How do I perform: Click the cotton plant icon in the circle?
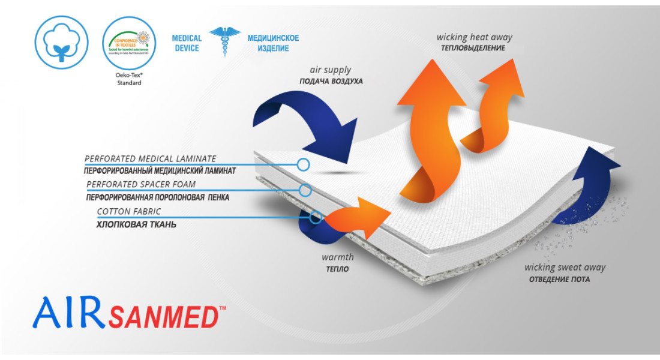click(62, 41)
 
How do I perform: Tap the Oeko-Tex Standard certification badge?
click(129, 42)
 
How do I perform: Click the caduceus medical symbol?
click(224, 41)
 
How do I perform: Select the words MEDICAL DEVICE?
click(187, 43)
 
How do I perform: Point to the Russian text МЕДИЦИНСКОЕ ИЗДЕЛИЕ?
click(273, 43)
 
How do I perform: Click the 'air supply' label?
click(331, 70)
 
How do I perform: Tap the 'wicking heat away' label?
click(474, 37)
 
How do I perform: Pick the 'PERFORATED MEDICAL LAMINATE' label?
click(150, 159)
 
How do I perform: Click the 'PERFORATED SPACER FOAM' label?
click(141, 184)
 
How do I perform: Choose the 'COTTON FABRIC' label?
click(129, 212)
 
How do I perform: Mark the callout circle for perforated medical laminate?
click(304, 164)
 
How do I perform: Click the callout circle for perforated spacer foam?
click(305, 190)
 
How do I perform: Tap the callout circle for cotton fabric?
click(316, 218)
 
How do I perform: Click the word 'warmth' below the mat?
click(337, 257)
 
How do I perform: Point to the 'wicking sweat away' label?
click(565, 268)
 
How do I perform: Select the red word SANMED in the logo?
click(163, 317)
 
